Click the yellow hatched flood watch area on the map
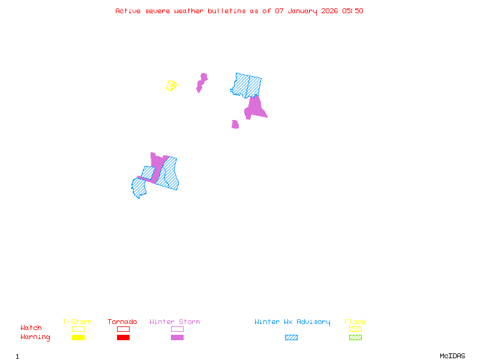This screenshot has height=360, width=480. click(x=172, y=85)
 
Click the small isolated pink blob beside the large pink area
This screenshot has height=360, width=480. click(x=235, y=125)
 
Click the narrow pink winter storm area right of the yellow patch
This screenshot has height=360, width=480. click(x=202, y=82)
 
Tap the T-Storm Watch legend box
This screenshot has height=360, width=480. click(x=78, y=329)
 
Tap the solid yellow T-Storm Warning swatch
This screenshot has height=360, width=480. click(x=78, y=337)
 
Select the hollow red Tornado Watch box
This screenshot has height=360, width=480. click(x=123, y=329)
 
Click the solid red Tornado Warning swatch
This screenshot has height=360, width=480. click(x=123, y=337)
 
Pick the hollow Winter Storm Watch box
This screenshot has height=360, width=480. click(x=177, y=329)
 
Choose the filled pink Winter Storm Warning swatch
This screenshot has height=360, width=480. click(x=177, y=337)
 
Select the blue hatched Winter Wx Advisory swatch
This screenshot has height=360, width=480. click(x=291, y=337)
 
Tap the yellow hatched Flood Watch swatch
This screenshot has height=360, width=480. click(x=355, y=329)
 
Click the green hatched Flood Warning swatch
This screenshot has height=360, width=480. click(x=355, y=337)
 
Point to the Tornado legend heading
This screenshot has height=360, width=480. click(x=122, y=322)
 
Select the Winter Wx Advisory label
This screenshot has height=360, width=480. click(x=292, y=322)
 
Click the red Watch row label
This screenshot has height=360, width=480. click(x=31, y=328)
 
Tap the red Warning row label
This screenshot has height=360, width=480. click(x=35, y=337)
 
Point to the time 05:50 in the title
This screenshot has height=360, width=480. click(x=353, y=11)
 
